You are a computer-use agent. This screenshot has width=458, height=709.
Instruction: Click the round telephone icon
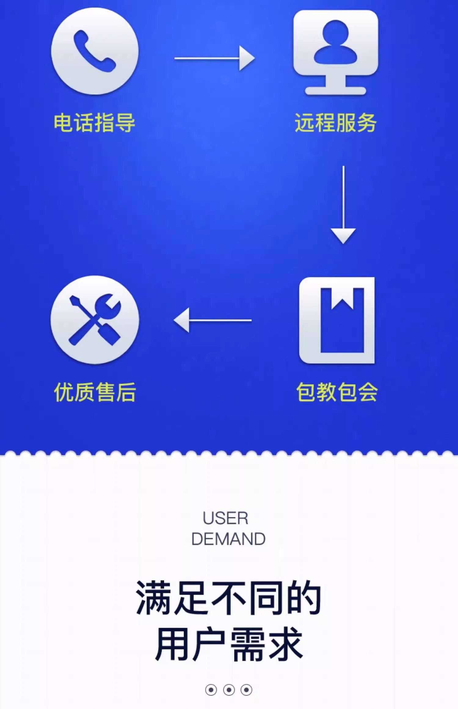95,51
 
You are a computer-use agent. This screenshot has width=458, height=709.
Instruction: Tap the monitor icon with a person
336,52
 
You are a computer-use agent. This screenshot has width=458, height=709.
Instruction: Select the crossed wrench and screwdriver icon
95,320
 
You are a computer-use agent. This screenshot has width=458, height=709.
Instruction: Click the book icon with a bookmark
337,320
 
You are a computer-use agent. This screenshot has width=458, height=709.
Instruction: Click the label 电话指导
94,123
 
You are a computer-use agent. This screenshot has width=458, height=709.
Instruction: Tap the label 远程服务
336,123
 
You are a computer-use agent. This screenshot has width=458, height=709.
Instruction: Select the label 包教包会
337,392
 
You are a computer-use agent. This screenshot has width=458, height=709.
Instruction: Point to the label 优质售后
95,392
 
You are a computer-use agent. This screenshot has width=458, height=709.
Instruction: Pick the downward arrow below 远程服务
343,205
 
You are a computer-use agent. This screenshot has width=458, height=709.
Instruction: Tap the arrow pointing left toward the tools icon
213,320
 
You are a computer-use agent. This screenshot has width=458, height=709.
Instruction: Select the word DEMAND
228,539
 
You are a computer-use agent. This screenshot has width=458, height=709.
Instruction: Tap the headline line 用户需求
228,644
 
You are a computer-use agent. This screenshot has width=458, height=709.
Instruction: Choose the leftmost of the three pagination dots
211,690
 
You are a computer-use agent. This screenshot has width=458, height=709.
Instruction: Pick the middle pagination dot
229,690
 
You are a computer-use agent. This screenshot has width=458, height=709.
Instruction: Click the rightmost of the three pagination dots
246,690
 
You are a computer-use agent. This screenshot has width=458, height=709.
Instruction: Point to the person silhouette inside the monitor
336,43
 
